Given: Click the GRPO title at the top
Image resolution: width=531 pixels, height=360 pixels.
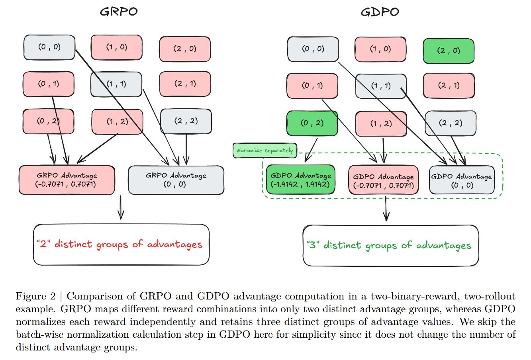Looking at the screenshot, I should [119, 12].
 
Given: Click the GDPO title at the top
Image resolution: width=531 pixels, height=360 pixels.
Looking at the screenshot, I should [380, 12].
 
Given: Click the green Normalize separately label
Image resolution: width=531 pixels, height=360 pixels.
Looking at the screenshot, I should [265, 151].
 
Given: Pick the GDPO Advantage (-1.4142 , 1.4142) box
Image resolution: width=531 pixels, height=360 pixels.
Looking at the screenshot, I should [300, 180].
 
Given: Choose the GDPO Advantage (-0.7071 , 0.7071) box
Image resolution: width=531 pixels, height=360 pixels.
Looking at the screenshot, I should [383, 181].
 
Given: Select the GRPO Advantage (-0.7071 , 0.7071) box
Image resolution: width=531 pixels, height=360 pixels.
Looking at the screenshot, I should [67, 180].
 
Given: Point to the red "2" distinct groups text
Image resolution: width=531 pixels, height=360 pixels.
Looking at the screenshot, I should [119, 244].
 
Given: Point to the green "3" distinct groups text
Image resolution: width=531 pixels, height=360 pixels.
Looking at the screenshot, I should [388, 245].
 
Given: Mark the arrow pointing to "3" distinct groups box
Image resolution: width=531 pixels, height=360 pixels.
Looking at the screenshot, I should [386, 209].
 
